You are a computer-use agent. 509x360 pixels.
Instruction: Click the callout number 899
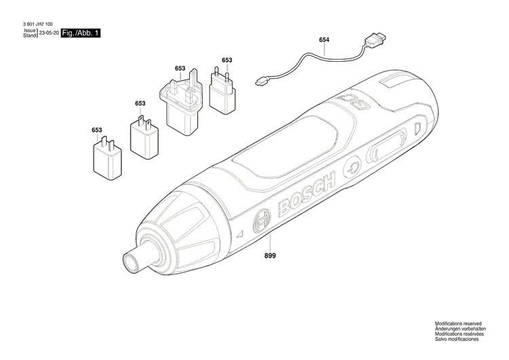point(269,255)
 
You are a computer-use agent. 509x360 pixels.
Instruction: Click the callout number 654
point(324,39)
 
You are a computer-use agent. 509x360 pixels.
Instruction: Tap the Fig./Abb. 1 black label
point(81,33)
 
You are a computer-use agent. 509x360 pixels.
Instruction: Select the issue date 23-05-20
point(49,33)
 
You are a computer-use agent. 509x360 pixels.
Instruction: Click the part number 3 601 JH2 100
point(37,24)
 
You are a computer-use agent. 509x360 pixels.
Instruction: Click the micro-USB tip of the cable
point(260,82)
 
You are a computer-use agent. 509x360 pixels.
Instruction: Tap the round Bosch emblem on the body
point(262,221)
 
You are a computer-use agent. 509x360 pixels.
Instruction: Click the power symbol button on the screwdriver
point(352,168)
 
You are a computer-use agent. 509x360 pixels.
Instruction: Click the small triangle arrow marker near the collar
point(240,234)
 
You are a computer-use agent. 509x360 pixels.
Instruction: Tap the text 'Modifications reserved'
point(458,324)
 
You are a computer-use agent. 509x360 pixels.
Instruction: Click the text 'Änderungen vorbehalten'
point(460,329)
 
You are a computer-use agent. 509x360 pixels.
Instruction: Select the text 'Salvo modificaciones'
point(457,339)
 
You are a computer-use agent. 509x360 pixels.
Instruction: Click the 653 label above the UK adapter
point(180,68)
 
